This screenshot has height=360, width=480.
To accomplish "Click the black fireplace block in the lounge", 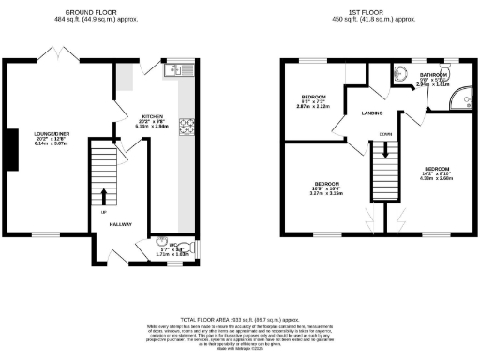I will (9, 151).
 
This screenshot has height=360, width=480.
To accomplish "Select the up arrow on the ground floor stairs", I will (103, 196).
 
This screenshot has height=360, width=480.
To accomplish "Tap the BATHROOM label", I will (433, 74).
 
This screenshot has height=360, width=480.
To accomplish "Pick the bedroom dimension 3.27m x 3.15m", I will (327, 193).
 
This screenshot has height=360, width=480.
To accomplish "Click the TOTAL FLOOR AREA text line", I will (239, 320).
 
